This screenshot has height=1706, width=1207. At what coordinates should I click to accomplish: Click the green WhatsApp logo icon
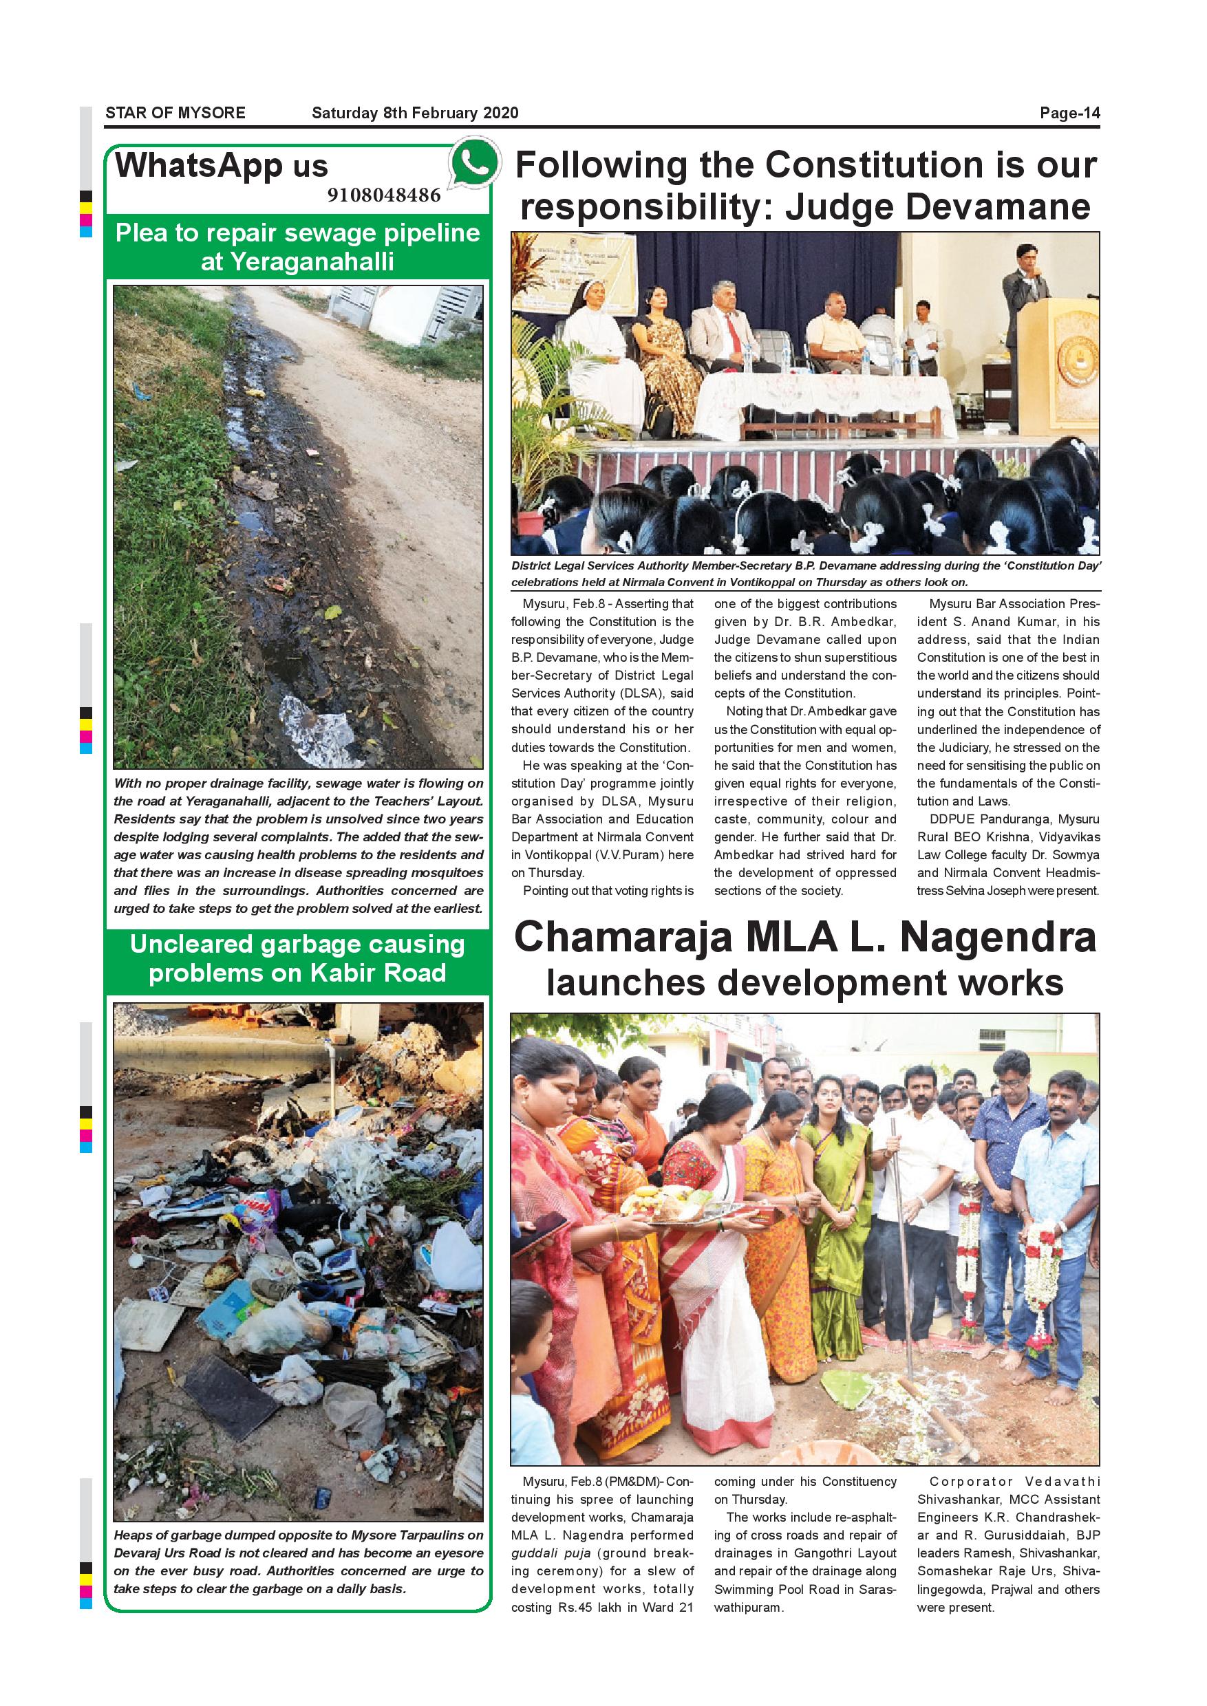473,163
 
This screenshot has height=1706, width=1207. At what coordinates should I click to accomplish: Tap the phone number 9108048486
383,195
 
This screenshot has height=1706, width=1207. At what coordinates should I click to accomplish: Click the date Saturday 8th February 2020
415,113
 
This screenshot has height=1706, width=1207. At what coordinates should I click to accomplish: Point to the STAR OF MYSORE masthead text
175,113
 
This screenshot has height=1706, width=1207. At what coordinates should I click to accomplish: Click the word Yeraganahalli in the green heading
297,261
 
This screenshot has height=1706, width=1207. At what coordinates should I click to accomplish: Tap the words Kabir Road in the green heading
386,973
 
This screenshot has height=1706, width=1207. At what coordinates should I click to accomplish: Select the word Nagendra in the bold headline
999,938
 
